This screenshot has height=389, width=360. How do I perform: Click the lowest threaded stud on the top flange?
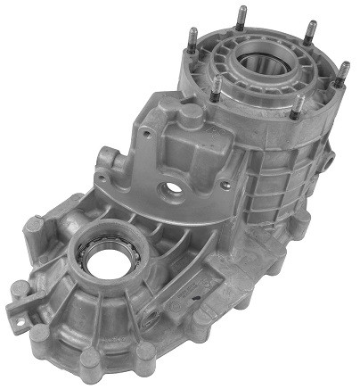pyautogui.click(x=299, y=107)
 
